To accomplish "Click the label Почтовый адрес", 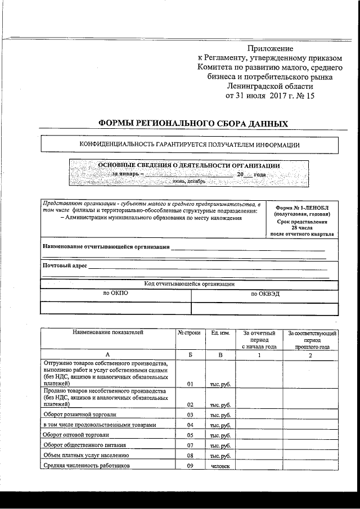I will (x=65, y=265).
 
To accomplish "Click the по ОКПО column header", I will (x=116, y=294).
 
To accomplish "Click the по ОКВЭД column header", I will (x=265, y=294).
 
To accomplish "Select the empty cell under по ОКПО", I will (x=116, y=308).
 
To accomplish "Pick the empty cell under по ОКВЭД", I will (x=265, y=308).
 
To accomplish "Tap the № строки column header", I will (x=189, y=333).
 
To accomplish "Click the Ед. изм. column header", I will (x=220, y=333).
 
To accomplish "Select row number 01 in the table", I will (x=190, y=384).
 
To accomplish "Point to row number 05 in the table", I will (x=190, y=435).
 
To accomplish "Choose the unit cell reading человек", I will (x=220, y=466).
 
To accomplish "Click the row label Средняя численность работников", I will (x=86, y=466).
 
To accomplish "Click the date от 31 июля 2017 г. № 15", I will (x=270, y=96).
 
